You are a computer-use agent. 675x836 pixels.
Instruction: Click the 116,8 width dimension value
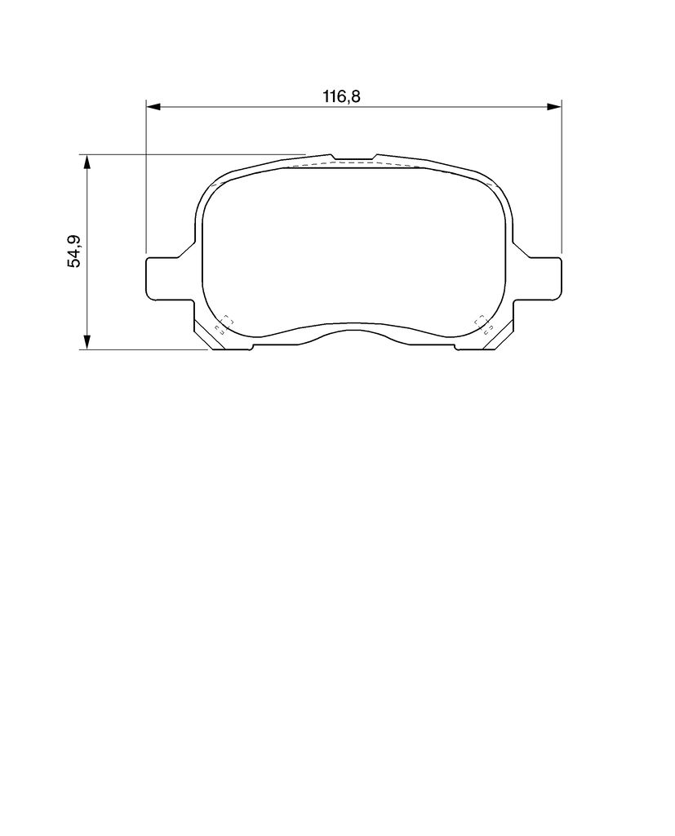click(342, 96)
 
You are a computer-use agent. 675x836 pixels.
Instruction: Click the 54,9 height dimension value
click(73, 251)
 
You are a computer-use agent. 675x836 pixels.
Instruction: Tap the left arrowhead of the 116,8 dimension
click(153, 107)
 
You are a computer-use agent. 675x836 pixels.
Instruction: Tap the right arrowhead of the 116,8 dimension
click(554, 107)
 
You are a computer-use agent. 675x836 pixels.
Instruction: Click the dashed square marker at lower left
click(224, 325)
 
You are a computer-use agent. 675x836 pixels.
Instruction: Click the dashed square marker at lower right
click(482, 325)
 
